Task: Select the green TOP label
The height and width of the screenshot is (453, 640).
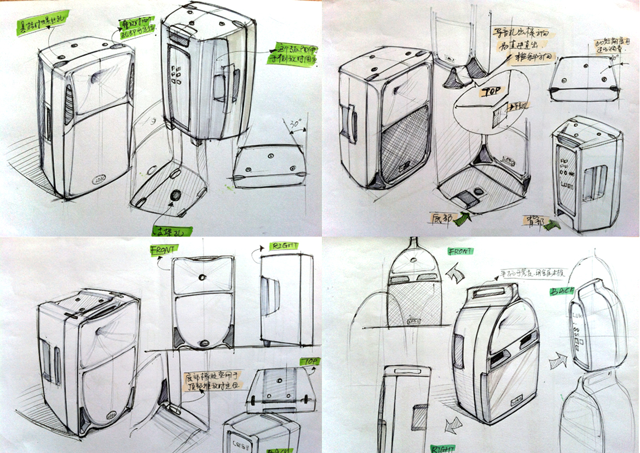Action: [x=309, y=362]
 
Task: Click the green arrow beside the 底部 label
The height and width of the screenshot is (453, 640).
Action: [x=463, y=217]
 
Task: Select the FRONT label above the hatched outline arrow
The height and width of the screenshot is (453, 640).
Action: [x=459, y=251]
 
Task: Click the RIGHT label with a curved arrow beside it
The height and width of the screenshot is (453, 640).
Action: [x=284, y=246]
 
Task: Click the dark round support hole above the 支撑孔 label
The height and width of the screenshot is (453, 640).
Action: [x=176, y=196]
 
